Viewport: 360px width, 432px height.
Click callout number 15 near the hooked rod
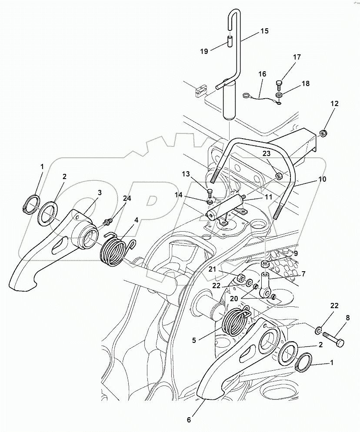coord(264,31)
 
